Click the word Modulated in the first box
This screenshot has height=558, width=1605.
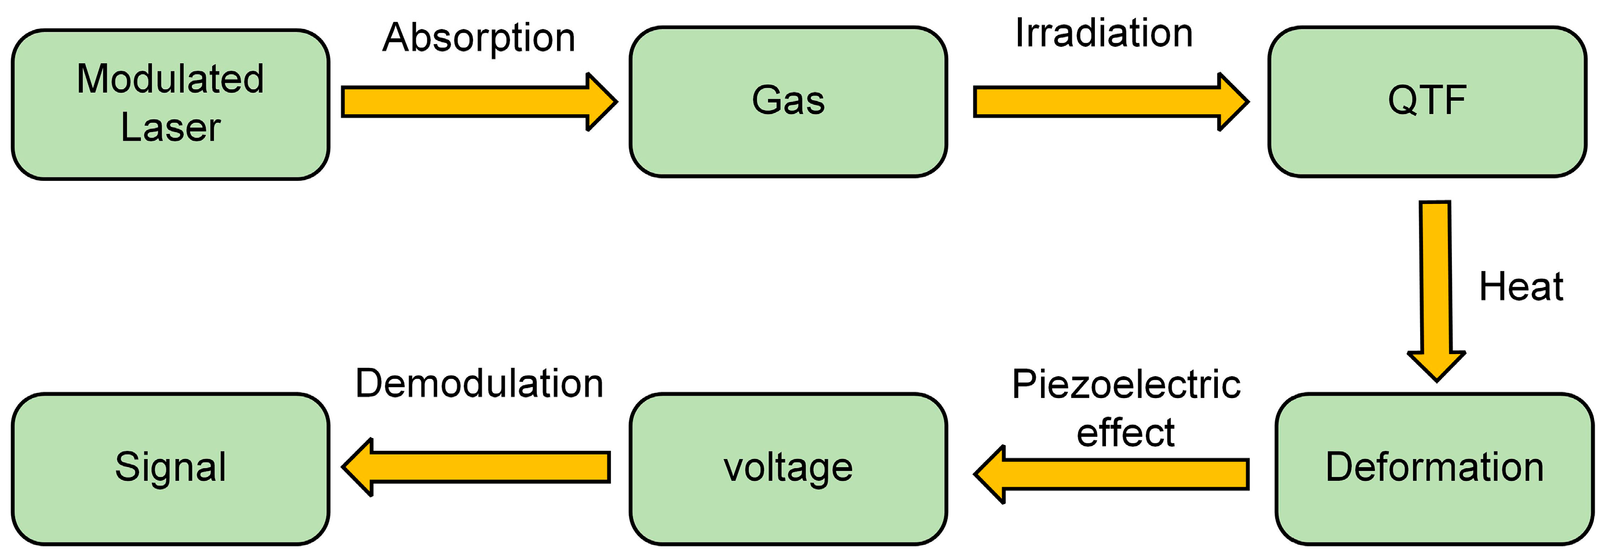(170, 79)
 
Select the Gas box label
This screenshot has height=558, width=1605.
(788, 100)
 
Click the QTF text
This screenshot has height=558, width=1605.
(1427, 100)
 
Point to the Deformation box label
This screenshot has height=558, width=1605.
(1434, 467)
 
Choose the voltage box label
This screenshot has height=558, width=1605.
(788, 468)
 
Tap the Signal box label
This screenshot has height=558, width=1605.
(170, 467)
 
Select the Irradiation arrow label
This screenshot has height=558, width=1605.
(1104, 33)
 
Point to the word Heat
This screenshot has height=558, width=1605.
(1521, 287)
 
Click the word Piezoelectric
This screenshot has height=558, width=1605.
(1126, 384)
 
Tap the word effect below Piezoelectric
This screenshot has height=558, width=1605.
(1125, 433)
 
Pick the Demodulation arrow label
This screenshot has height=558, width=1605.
(479, 383)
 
